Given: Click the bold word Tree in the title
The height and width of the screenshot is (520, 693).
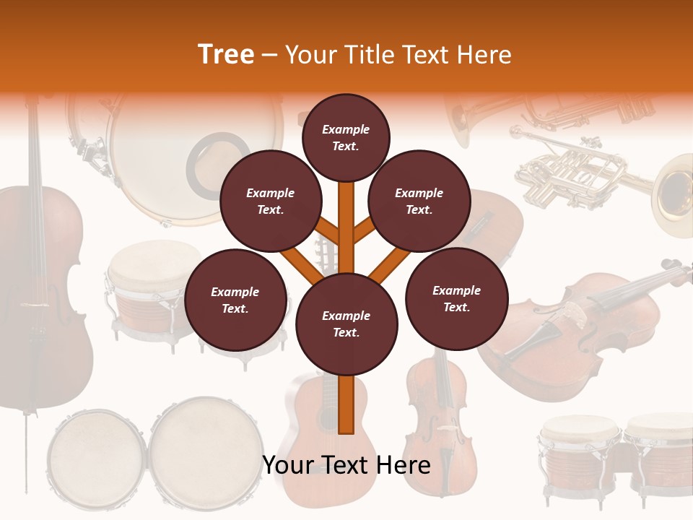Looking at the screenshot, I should coord(226,55).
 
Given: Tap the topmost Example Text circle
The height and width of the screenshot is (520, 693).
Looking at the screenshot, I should coord(346,137).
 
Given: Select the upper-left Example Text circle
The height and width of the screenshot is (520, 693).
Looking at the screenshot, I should coord(270,201).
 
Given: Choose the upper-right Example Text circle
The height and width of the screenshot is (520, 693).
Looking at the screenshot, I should coord(419,201).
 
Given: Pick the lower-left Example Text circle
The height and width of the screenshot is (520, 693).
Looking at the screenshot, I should coord(235,300).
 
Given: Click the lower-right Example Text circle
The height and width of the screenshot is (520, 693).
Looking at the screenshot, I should coord(456,298).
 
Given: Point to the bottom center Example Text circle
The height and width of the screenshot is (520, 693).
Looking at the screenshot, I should coord(346,324).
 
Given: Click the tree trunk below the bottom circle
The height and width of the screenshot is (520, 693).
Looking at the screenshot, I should coord(346,404).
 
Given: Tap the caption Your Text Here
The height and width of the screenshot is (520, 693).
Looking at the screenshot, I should coord(346,465).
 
